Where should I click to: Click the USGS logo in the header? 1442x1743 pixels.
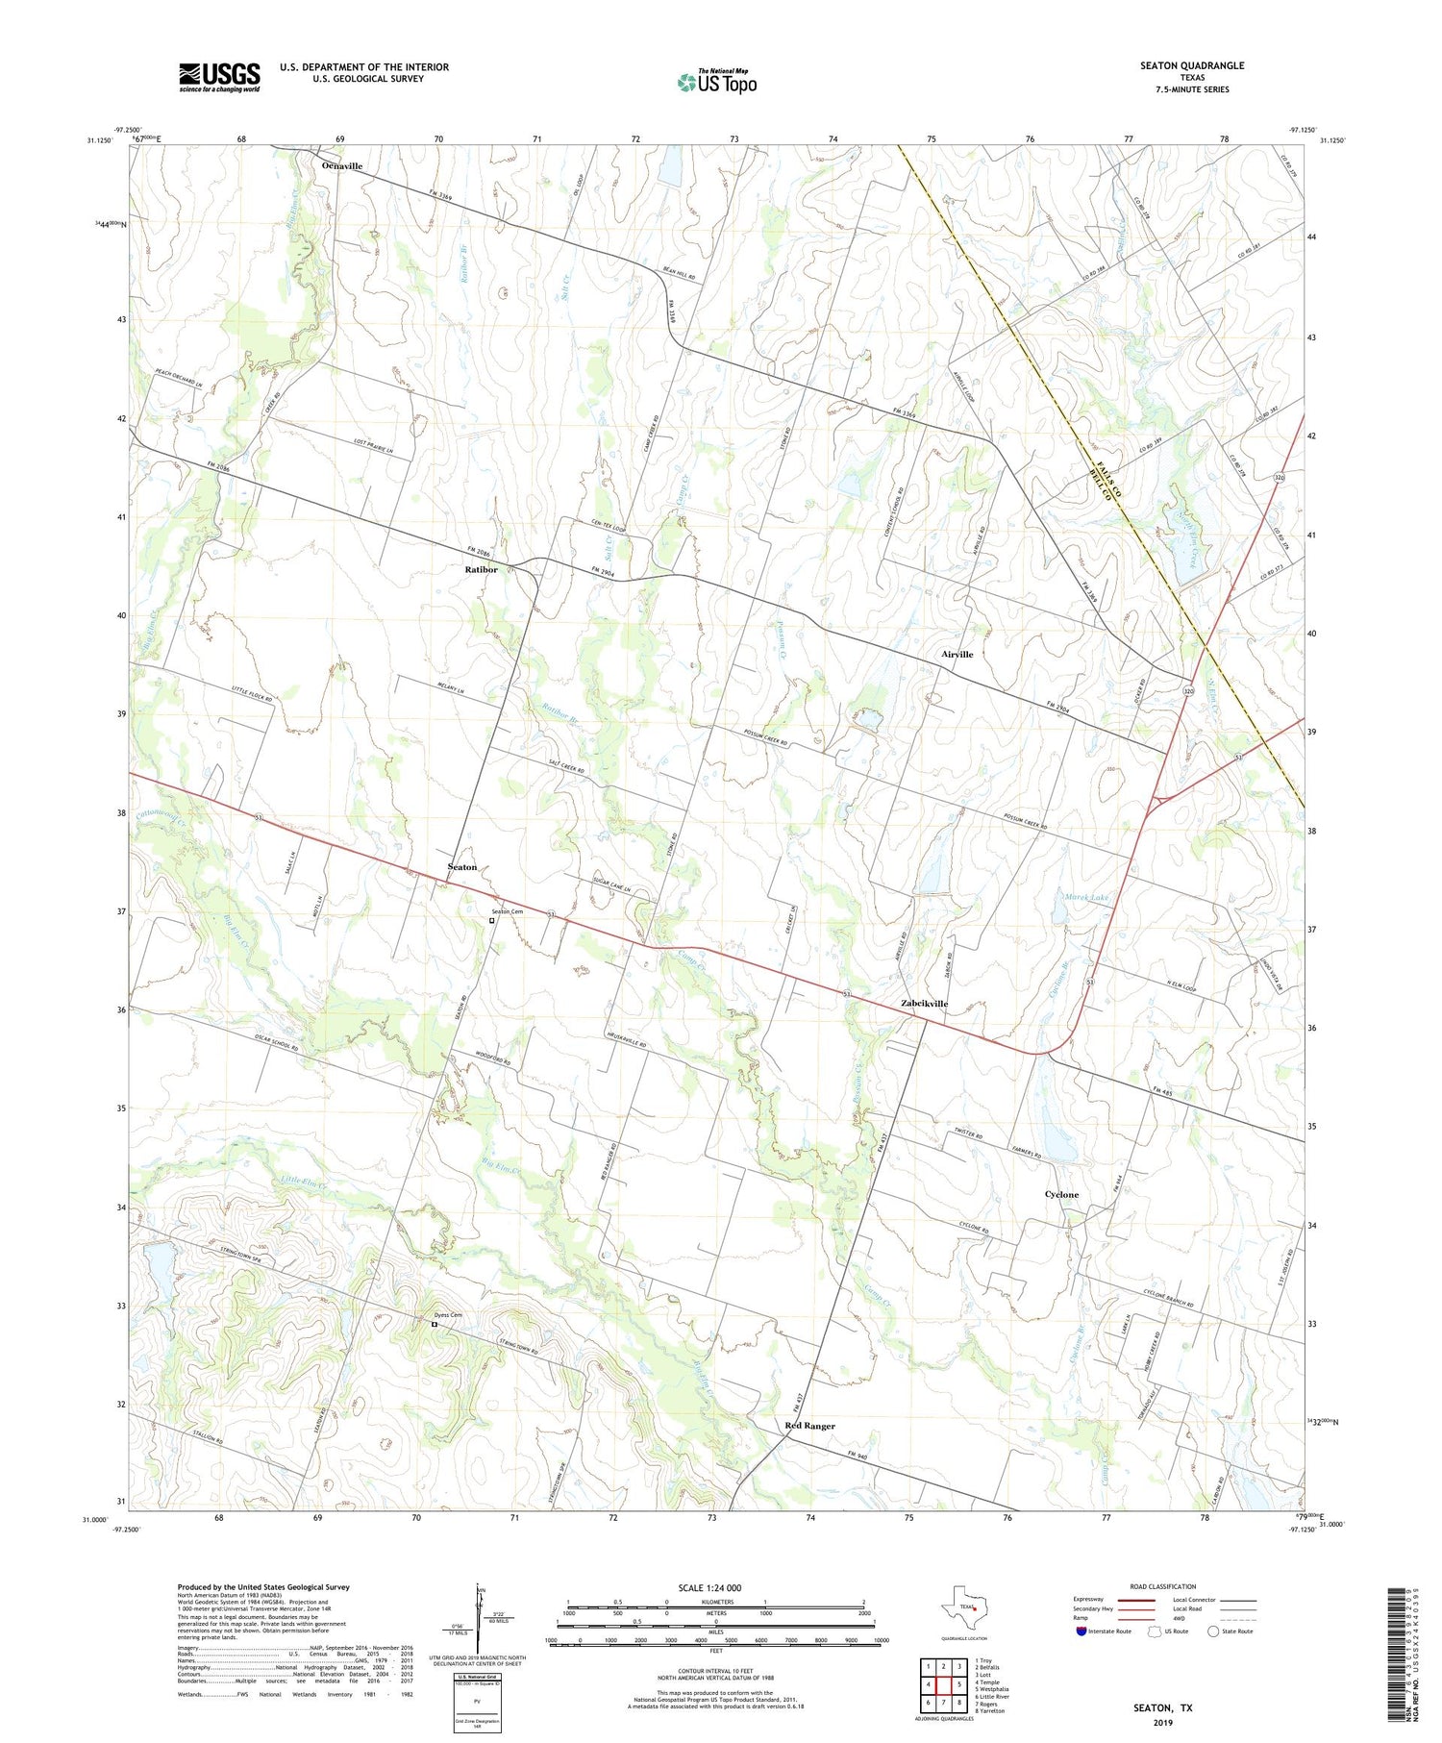pyautogui.click(x=219, y=77)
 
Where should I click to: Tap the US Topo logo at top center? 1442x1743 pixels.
pyautogui.click(x=717, y=83)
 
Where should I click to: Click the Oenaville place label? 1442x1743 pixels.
pyautogui.click(x=341, y=166)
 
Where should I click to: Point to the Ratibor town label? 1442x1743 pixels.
pyautogui.click(x=481, y=569)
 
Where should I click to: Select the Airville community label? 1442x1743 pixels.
pyautogui.click(x=957, y=654)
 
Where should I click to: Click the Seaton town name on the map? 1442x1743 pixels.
pyautogui.click(x=462, y=867)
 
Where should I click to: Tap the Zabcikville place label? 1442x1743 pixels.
pyautogui.click(x=924, y=1004)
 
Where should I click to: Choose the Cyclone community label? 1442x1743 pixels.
pyautogui.click(x=1061, y=1195)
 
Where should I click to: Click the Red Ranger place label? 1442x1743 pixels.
pyautogui.click(x=809, y=1426)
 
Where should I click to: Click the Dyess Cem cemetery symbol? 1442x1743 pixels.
pyautogui.click(x=434, y=1325)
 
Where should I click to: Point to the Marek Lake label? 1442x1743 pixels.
pyautogui.click(x=1086, y=897)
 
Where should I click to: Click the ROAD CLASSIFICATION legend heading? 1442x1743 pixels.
pyautogui.click(x=1163, y=1586)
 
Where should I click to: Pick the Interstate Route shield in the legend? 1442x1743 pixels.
pyautogui.click(x=1081, y=1631)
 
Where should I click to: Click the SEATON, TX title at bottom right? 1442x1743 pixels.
pyautogui.click(x=1162, y=1707)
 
